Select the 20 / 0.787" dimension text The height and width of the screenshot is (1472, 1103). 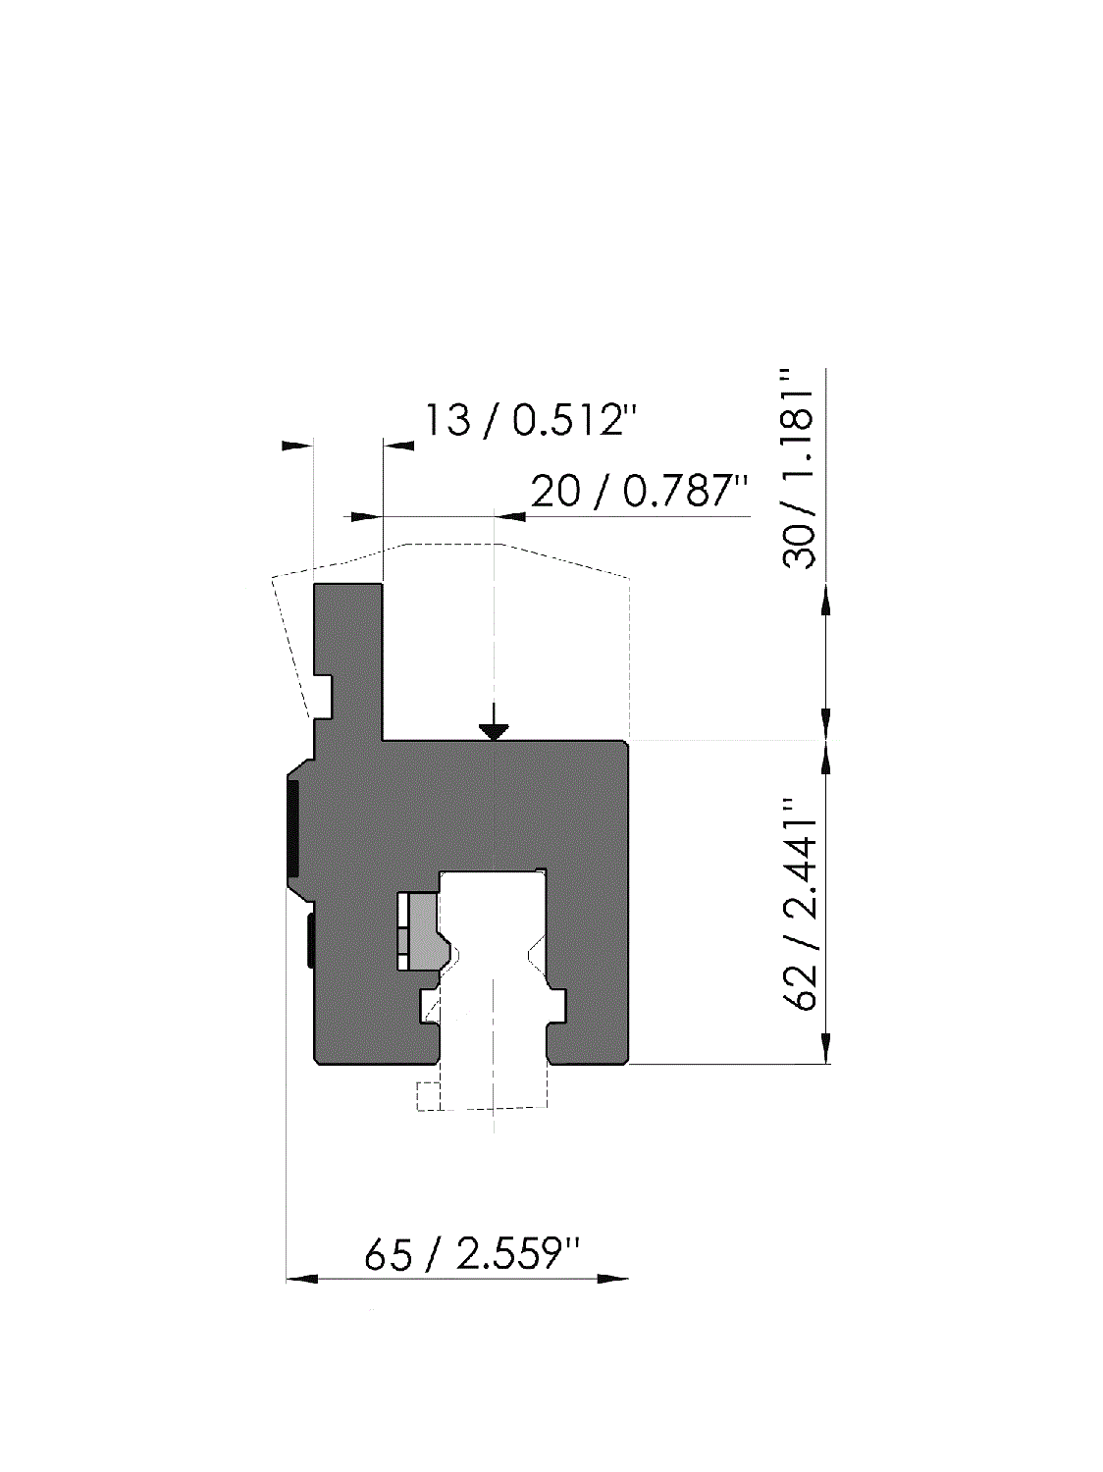[639, 491]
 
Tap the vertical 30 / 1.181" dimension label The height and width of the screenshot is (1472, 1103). [799, 468]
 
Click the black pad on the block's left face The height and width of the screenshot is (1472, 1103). [292, 828]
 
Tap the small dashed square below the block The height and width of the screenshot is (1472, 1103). [427, 1096]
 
